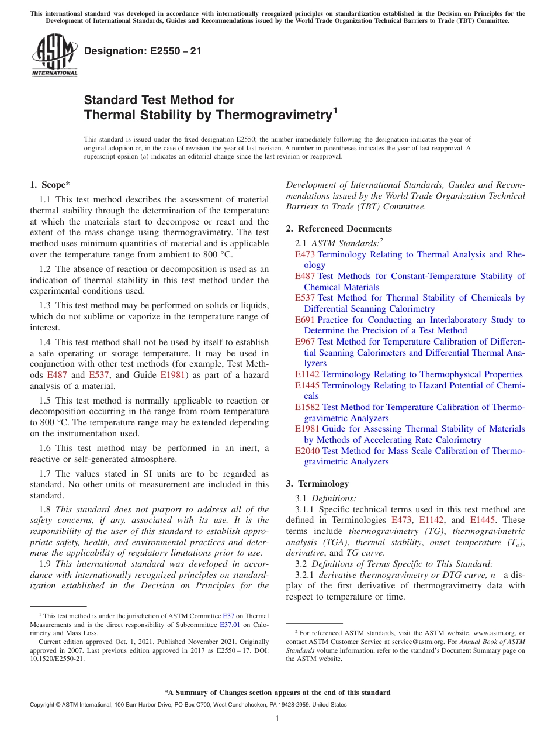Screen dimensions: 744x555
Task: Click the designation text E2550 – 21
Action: (143, 51)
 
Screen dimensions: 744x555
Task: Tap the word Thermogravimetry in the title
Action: (272, 115)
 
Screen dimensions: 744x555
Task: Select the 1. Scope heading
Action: (50, 185)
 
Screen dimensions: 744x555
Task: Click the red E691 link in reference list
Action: (304, 320)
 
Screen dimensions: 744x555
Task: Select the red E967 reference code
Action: (305, 342)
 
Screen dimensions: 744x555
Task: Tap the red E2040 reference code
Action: (307, 451)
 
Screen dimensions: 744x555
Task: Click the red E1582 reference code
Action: (307, 407)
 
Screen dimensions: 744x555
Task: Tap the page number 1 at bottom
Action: (277, 719)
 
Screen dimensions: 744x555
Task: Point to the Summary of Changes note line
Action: (277, 693)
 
